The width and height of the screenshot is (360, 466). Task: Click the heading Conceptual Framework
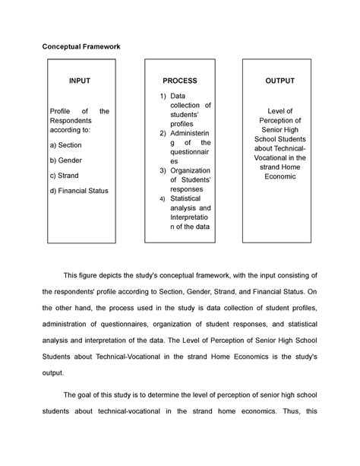pos(81,47)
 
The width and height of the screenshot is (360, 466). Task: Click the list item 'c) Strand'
pos(64,176)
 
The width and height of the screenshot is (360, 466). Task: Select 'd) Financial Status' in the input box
pos(78,191)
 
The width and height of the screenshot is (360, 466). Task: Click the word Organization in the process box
pos(191,170)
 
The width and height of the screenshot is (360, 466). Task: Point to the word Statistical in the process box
pos(188,198)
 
